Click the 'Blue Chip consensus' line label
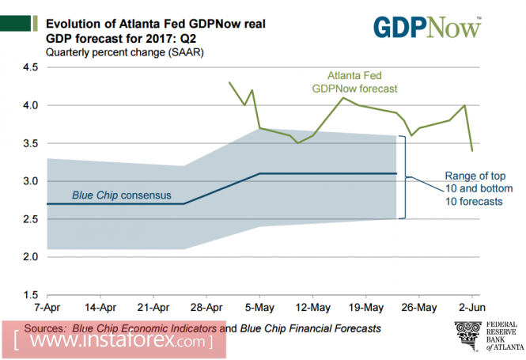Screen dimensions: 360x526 [x=121, y=194]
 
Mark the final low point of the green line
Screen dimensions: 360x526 [x=472, y=150]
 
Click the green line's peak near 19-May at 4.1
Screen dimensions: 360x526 [x=342, y=97]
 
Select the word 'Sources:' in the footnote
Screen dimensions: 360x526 [x=47, y=328]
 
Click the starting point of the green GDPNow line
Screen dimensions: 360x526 [x=229, y=82]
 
